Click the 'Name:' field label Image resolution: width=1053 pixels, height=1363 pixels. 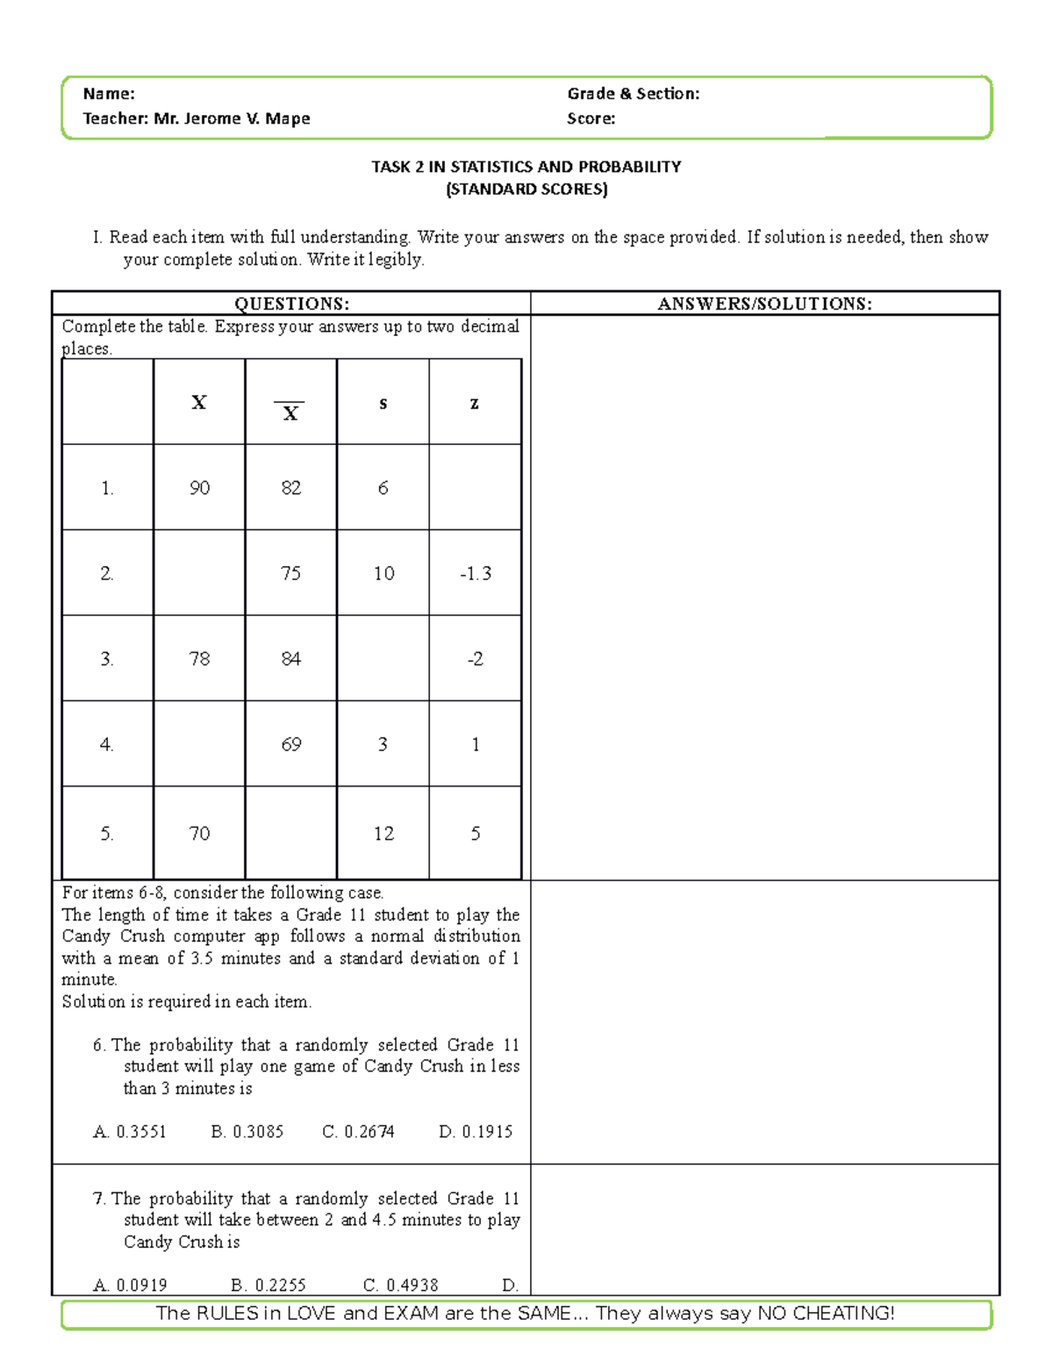(109, 94)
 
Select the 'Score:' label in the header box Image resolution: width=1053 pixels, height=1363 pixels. (591, 118)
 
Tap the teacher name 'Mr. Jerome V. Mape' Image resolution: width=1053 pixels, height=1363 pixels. (232, 118)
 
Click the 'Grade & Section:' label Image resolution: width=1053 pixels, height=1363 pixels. (633, 94)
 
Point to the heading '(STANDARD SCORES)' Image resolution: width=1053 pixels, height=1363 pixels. (526, 189)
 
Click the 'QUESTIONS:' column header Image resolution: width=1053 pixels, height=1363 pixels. (291, 304)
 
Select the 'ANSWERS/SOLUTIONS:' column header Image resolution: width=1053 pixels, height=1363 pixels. (764, 304)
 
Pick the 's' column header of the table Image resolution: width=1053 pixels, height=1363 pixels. (383, 404)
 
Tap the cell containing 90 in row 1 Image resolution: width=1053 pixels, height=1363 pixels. (199, 488)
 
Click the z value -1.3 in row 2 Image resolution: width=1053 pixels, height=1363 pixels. (475, 573)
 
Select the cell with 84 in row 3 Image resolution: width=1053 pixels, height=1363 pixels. (290, 659)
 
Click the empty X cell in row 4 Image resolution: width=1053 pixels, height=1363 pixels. (199, 744)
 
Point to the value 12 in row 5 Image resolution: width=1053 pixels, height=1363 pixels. (383, 834)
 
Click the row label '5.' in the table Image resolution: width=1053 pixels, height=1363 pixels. (107, 834)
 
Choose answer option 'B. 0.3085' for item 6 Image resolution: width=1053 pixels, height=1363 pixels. (247, 1131)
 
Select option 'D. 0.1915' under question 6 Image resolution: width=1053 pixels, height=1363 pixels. (476, 1131)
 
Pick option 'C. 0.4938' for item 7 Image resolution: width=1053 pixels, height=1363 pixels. (400, 1285)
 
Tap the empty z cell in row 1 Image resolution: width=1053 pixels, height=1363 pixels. (475, 488)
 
